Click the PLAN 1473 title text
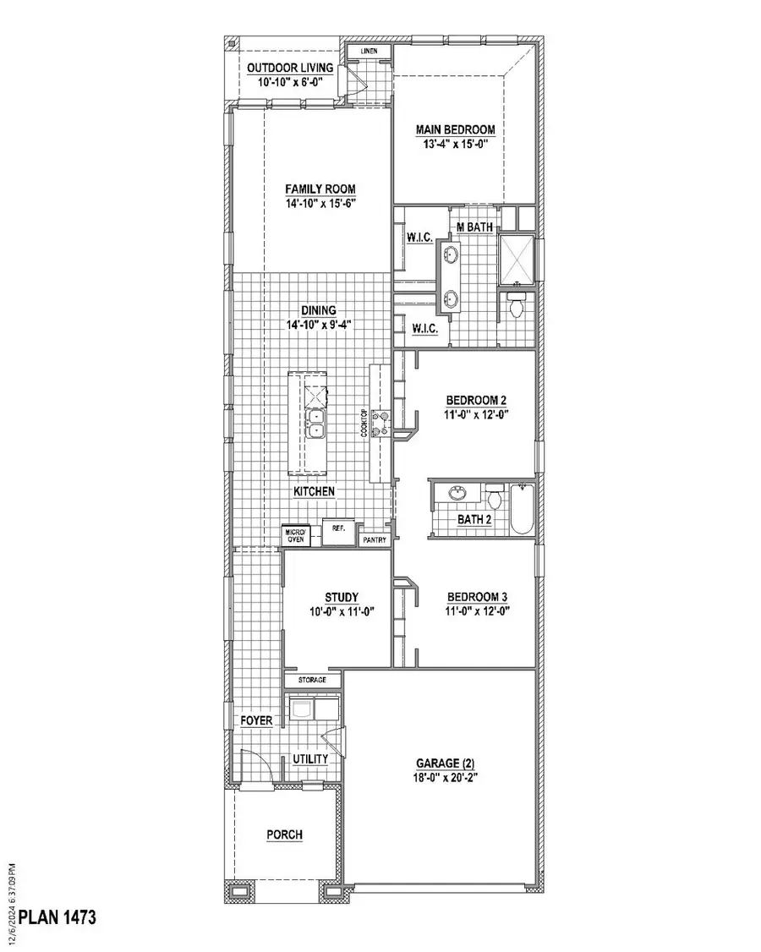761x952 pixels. pos(57,916)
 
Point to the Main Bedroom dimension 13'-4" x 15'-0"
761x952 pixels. pos(455,144)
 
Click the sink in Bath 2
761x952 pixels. pos(457,494)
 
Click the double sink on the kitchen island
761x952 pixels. pos(315,423)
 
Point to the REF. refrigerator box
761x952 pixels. pos(339,528)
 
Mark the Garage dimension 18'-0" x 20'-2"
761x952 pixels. pos(439,775)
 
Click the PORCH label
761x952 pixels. pos(284,834)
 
